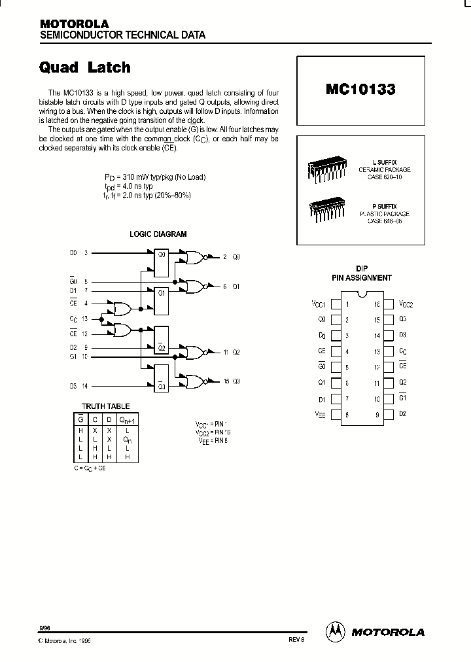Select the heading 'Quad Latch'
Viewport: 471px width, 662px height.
click(x=85, y=67)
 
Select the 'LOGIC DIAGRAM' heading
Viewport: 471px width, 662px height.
click(x=158, y=234)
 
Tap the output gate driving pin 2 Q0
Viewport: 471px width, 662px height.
click(x=196, y=257)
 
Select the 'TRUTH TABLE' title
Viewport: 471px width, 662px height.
click(x=105, y=406)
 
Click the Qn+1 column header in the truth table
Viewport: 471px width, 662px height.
click(x=128, y=419)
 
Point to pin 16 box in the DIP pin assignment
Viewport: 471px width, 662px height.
click(x=388, y=304)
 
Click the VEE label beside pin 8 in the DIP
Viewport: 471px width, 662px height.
click(x=319, y=414)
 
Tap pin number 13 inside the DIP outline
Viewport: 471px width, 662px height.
click(x=376, y=351)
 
